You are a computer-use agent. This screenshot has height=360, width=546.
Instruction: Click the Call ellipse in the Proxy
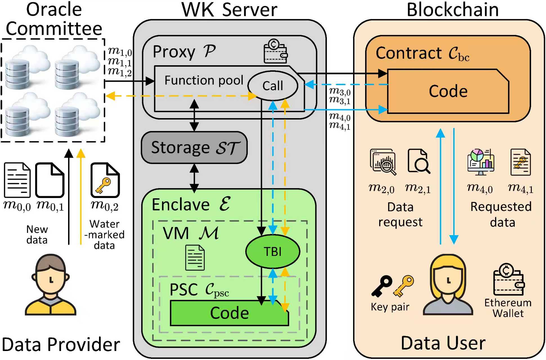pyautogui.click(x=273, y=86)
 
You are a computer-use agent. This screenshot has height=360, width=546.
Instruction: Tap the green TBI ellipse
pyautogui.click(x=273, y=251)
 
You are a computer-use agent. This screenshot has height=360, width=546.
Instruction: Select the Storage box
pyautogui.click(x=194, y=148)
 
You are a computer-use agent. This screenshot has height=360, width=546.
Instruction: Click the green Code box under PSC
pyautogui.click(x=229, y=313)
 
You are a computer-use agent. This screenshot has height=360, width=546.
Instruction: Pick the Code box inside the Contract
pyautogui.click(x=448, y=91)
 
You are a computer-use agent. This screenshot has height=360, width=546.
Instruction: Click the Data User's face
pyautogui.click(x=448, y=281)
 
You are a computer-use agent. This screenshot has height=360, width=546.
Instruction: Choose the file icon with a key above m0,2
pyautogui.click(x=105, y=180)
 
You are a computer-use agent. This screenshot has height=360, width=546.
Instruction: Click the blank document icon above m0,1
pyautogui.click(x=50, y=180)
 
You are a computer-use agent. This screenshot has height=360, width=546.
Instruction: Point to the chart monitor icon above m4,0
pyautogui.click(x=480, y=162)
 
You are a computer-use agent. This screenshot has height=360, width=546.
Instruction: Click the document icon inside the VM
pyautogui.click(x=195, y=257)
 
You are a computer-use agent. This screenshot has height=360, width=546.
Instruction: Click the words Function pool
pyautogui.click(x=204, y=80)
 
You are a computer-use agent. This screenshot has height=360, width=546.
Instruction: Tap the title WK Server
pyautogui.click(x=229, y=10)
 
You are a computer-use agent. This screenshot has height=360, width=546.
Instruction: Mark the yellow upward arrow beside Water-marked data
pyautogui.click(x=81, y=197)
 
